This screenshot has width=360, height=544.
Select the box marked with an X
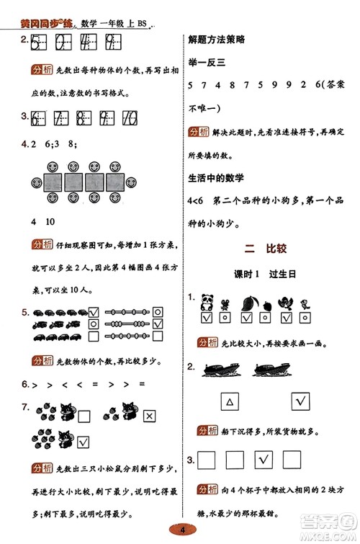(150, 416)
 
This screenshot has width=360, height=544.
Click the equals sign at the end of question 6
(142, 385)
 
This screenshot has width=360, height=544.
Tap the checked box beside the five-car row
(92, 312)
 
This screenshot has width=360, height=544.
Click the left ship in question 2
(224, 368)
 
